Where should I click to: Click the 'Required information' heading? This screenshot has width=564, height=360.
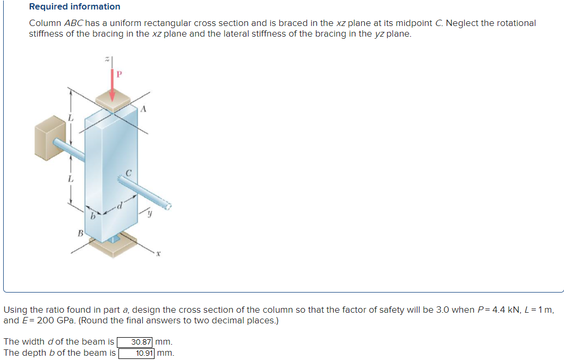74,7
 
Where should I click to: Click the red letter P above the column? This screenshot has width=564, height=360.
119,75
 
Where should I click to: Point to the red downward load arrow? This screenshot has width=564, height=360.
112,85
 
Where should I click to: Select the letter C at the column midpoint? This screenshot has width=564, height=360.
128,172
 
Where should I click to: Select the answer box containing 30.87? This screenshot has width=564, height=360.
135,342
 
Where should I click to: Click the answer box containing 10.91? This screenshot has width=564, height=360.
136,353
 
